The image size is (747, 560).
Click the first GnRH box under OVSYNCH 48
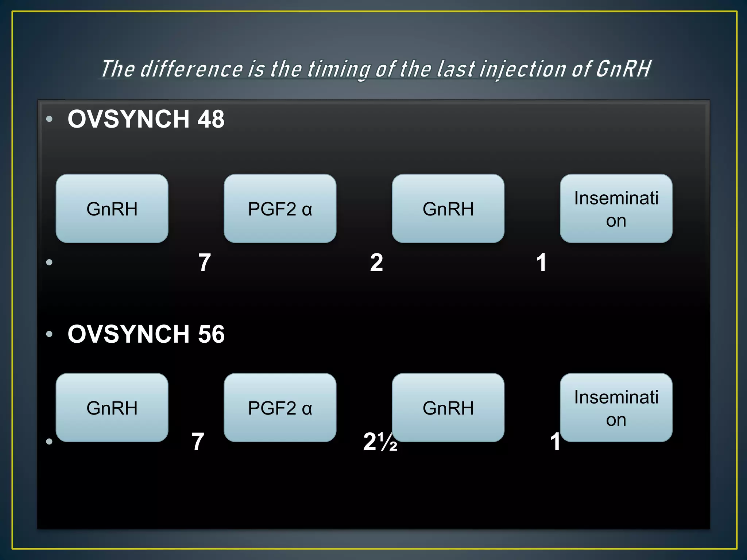point(112,209)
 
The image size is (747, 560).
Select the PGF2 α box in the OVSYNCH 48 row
point(280,209)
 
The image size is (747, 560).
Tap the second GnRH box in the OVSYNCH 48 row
point(448,209)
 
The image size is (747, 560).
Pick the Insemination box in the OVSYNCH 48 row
point(616,209)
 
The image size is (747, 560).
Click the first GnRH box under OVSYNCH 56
point(112,408)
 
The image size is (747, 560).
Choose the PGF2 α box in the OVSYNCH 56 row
point(280,408)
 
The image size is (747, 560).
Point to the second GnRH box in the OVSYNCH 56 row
point(448,408)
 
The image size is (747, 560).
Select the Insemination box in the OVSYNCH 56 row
point(616,408)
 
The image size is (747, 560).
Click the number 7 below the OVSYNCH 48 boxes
point(205,262)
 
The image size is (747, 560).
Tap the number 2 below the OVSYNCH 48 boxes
point(376,262)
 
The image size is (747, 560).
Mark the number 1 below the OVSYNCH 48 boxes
point(541,262)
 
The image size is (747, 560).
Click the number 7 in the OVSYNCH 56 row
point(198,442)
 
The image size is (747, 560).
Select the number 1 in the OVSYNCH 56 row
point(555,442)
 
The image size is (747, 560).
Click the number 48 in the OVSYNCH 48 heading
point(211,119)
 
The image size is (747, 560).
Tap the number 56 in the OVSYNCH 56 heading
point(211,334)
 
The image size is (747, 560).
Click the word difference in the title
point(191,69)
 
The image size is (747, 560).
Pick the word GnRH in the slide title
point(623,69)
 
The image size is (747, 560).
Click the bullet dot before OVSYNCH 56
point(50,334)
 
